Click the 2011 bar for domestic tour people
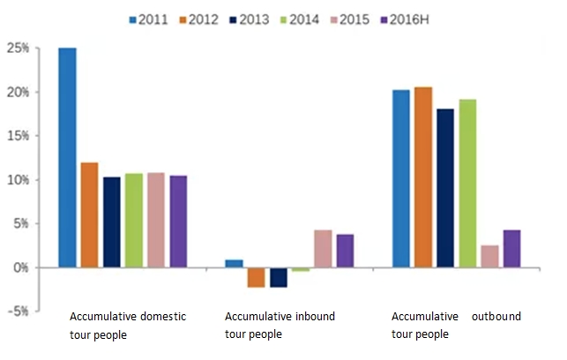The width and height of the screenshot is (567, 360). (68, 158)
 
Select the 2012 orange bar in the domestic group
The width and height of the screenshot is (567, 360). (89, 215)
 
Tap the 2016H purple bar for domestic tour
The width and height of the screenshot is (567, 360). (179, 221)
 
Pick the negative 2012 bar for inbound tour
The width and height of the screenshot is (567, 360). (256, 278)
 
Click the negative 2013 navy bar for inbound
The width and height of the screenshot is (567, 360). (279, 278)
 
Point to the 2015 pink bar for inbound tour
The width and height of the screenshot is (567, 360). (323, 249)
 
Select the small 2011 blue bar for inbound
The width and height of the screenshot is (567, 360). (234, 264)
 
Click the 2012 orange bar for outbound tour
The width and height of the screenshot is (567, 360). (423, 177)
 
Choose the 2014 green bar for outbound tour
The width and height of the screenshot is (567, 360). (467, 184)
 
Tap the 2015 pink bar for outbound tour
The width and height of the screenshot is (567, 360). (489, 257)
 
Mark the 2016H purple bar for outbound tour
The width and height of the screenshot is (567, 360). (512, 249)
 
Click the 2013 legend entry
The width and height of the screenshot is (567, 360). (250, 19)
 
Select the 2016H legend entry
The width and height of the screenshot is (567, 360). (405, 19)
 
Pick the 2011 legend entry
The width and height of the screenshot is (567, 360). (149, 19)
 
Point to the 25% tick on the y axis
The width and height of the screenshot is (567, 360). (18, 48)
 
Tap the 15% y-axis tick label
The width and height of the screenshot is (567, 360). (18, 136)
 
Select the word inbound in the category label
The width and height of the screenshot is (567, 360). (316, 316)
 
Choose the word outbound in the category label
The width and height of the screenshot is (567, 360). (496, 316)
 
